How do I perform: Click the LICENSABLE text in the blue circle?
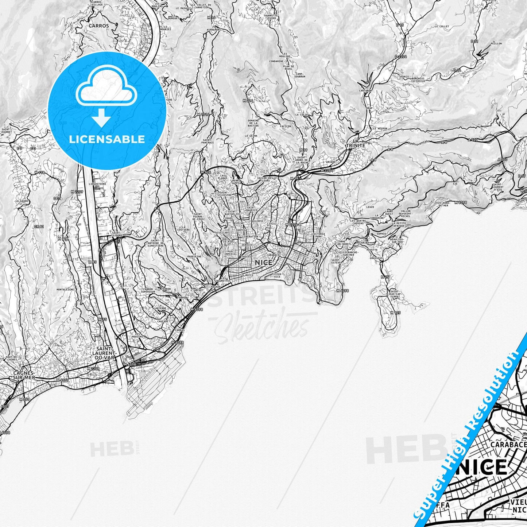107,139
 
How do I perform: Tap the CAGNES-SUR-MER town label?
23,375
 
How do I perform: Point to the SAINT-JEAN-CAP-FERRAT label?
395,294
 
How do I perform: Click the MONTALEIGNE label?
66,289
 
